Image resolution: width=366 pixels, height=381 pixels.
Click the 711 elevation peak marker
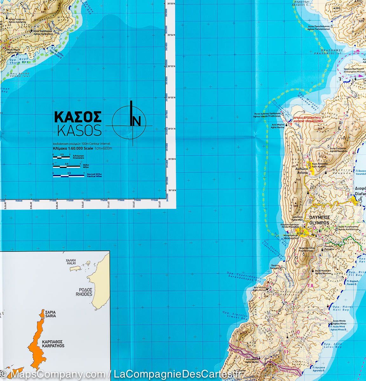click(343, 138)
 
